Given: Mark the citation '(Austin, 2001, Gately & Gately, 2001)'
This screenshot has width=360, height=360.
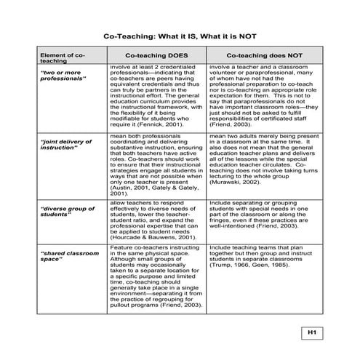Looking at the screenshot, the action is [152, 188].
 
